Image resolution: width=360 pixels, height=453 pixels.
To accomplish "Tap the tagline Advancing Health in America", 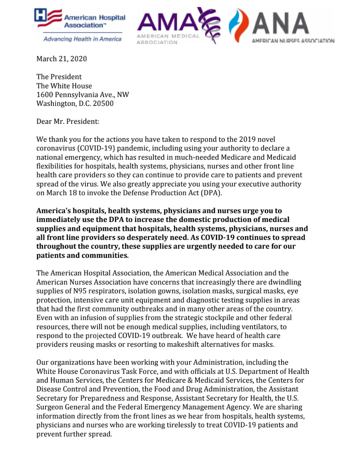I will coord(82,39).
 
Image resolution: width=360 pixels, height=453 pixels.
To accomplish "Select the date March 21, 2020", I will coord(62,59).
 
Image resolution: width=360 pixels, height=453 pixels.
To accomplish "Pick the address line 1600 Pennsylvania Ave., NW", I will coord(82,95).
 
